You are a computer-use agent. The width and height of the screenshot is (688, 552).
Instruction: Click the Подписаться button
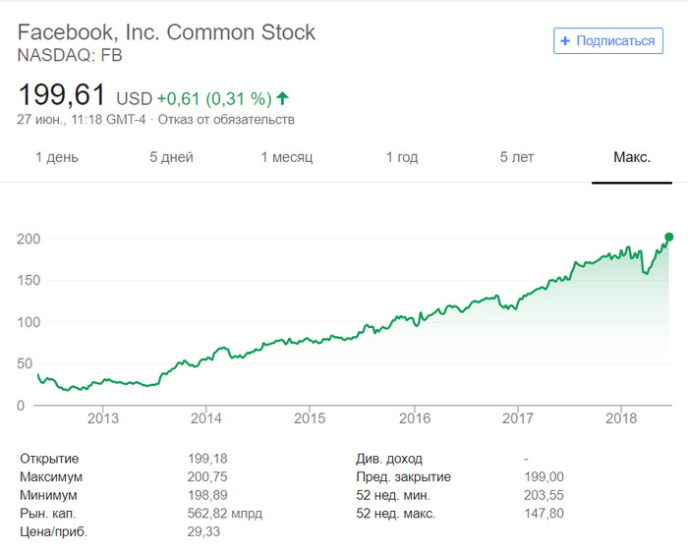[x=608, y=40]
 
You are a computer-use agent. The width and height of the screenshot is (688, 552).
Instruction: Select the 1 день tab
[x=57, y=157]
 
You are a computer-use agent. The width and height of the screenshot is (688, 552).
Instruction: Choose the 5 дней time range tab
[x=171, y=157]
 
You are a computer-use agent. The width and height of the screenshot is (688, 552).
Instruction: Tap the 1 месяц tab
[x=286, y=157]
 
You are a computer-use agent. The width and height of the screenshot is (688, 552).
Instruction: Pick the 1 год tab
[x=401, y=157]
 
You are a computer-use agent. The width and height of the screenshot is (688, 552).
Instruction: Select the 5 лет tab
[x=516, y=157]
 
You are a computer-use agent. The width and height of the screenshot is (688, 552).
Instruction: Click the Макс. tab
[x=632, y=157]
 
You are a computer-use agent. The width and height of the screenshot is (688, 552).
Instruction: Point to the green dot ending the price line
[x=669, y=237]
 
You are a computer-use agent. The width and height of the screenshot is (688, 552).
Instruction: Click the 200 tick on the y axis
[x=28, y=239]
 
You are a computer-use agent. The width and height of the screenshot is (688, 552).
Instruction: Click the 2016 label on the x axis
[x=414, y=418]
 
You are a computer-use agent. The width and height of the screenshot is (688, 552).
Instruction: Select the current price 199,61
[x=62, y=96]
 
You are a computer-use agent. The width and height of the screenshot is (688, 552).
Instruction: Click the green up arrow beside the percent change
[x=283, y=98]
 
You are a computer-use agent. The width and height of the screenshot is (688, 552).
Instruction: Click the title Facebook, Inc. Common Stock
[x=167, y=32]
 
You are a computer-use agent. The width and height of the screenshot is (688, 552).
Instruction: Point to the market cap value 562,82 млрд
[x=224, y=513]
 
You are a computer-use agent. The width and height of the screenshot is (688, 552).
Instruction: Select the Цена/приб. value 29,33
[x=203, y=531]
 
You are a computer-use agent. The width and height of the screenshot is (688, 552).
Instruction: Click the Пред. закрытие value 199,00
[x=545, y=476]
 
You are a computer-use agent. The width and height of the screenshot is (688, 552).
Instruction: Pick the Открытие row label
[x=49, y=459]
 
